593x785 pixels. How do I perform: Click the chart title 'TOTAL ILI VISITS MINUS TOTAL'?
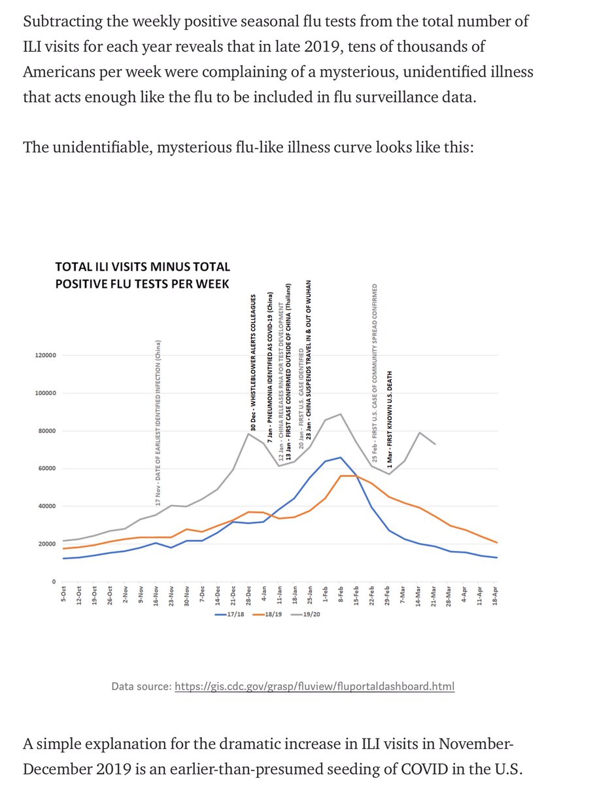coord(142,267)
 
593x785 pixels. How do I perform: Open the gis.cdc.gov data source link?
coord(314,686)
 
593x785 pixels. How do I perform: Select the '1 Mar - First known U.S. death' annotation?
coord(390,419)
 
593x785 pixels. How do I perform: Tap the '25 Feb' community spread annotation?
coord(375,375)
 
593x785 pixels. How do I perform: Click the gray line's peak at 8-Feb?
coord(340,414)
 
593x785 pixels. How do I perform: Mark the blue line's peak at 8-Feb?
coord(340,457)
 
